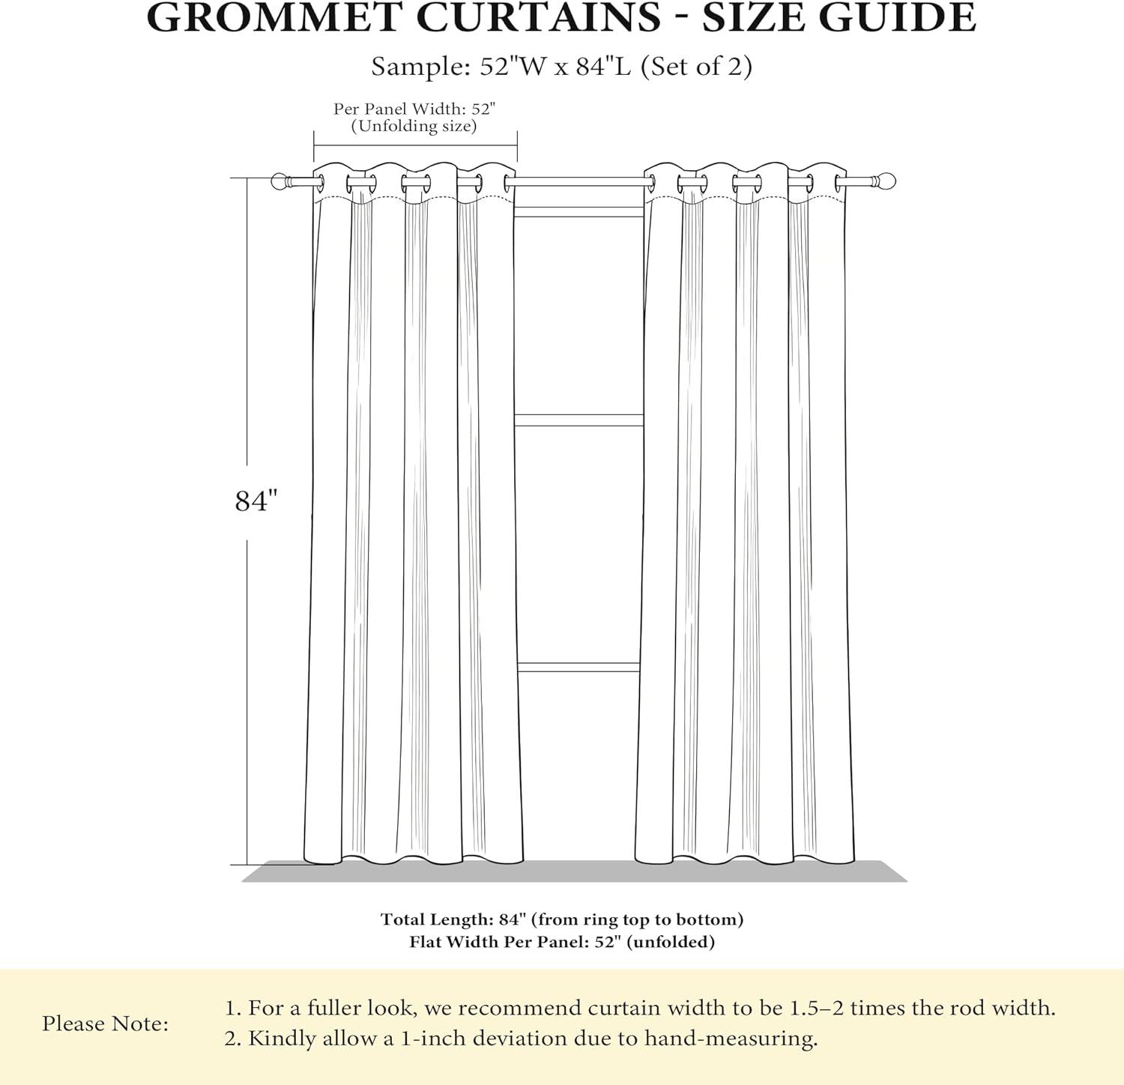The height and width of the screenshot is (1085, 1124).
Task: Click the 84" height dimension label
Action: [256, 501]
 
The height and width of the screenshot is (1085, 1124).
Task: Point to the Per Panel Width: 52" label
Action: [414, 109]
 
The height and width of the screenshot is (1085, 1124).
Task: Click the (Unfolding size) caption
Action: [414, 126]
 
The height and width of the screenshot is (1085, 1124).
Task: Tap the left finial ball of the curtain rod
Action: [280, 181]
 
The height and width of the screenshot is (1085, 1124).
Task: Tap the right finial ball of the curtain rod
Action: [886, 181]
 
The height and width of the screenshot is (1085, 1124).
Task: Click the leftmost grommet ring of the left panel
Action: [320, 182]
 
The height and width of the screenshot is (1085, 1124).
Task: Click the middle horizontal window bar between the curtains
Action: [578, 420]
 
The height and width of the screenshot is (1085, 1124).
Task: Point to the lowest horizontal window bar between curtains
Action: [578, 667]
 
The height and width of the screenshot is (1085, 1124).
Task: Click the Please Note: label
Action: [106, 1024]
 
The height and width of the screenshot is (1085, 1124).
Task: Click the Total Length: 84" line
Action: [562, 919]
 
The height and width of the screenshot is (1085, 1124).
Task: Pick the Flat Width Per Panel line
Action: [562, 942]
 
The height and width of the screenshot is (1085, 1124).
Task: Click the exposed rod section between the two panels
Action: [578, 181]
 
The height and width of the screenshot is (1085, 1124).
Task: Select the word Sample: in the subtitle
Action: [421, 67]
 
